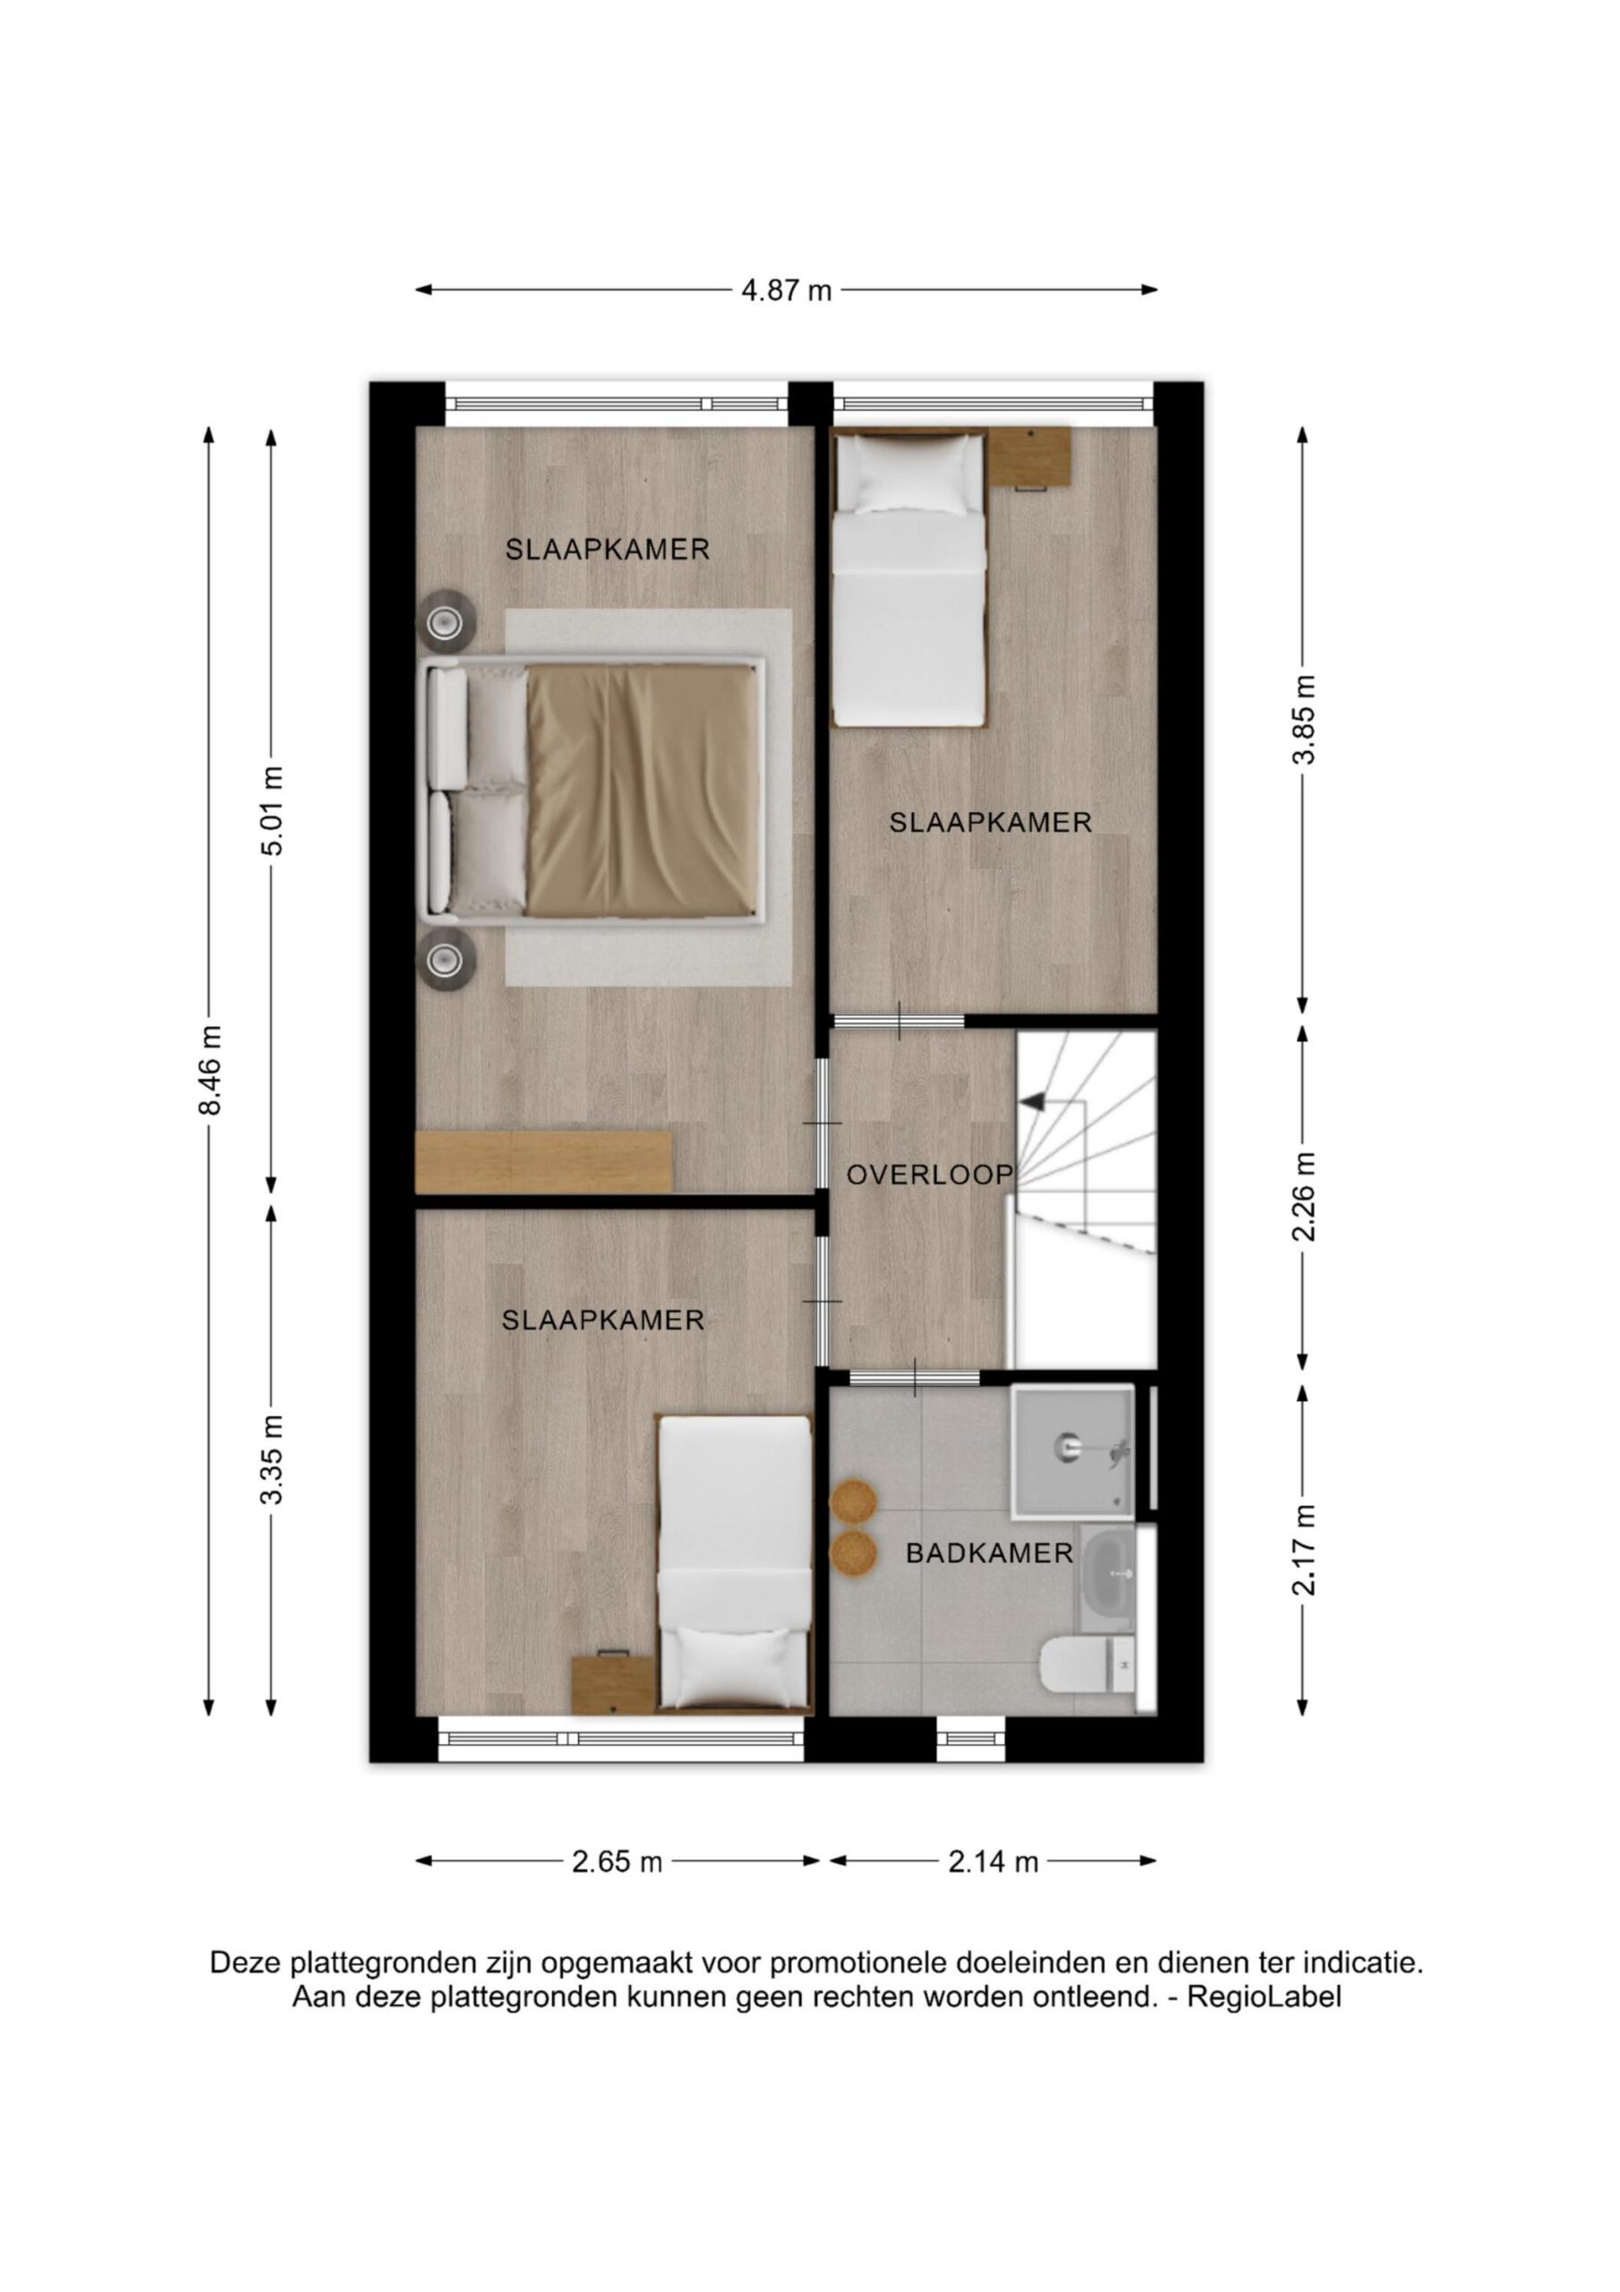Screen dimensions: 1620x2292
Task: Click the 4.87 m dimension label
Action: [x=786, y=290]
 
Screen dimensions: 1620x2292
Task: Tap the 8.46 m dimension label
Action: [x=210, y=1069]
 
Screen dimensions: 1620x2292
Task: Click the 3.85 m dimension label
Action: [x=1303, y=720]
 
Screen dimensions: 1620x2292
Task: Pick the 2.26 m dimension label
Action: [x=1303, y=1196]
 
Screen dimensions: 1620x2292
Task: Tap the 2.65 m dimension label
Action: [x=617, y=1861]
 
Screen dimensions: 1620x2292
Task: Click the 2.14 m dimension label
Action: [x=993, y=1861]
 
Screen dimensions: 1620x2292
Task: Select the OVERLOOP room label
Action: [x=929, y=1175]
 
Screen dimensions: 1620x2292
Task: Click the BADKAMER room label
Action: [x=989, y=1553]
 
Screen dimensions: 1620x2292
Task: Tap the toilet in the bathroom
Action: [x=1088, y=1666]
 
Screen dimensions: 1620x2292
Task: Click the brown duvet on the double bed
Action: [x=639, y=791]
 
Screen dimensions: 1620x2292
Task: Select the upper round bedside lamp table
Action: [x=444, y=623]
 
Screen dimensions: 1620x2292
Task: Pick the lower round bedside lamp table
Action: [x=444, y=961]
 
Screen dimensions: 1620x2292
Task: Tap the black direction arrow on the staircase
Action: [x=1031, y=1101]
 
